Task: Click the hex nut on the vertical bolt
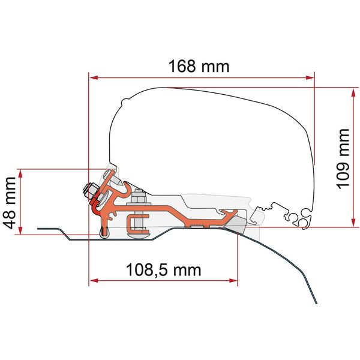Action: [139, 197]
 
